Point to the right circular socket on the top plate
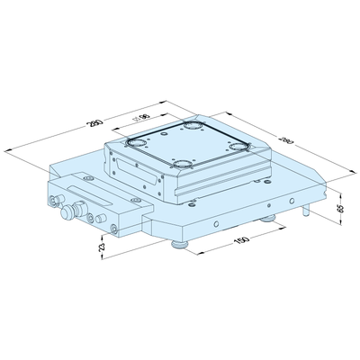click(239, 146)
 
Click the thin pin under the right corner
click(309, 212)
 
